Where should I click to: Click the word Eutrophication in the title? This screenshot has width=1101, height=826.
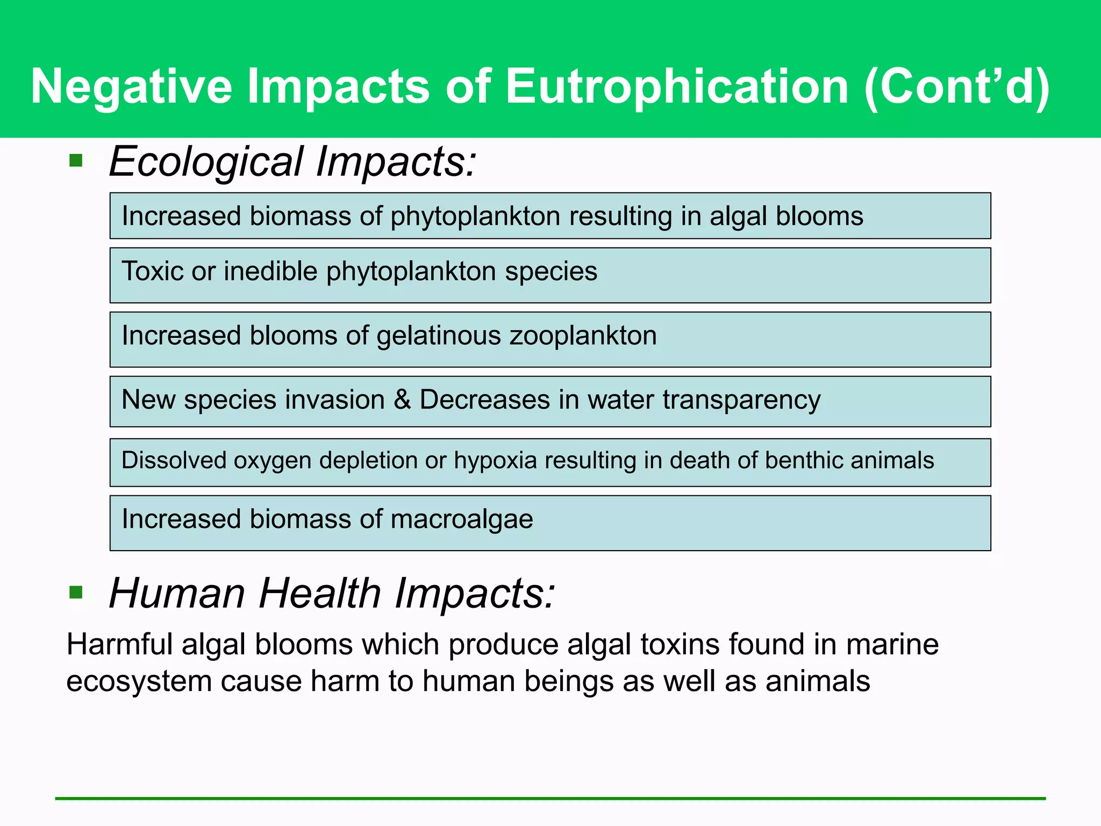[677, 87]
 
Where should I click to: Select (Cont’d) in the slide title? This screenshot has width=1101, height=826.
[956, 87]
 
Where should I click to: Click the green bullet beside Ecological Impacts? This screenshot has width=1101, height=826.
[76, 160]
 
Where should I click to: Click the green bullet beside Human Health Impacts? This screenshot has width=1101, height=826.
[76, 593]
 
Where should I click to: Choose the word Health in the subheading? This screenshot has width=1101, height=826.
[319, 593]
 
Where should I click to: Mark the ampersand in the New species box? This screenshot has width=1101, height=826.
[402, 400]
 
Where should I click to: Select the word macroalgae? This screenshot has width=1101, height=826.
[462, 519]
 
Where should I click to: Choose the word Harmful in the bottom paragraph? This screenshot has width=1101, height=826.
[119, 644]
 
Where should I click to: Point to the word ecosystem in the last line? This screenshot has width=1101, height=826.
[139, 682]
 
